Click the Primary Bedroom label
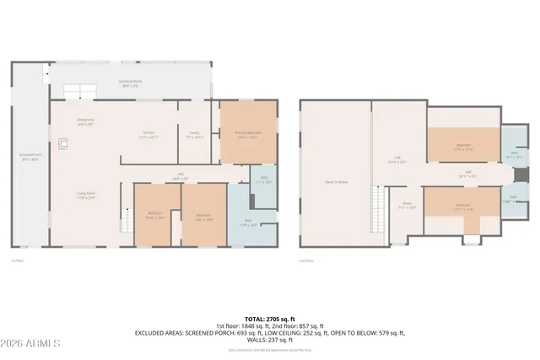pyautogui.click(x=247, y=135)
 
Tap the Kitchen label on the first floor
pyautogui.click(x=148, y=135)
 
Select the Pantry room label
pyautogui.click(x=194, y=135)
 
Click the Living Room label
pyautogui.click(x=84, y=195)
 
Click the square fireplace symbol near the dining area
pyautogui.click(x=62, y=144)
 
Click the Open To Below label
pyautogui.click(x=335, y=181)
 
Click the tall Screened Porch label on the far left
pyautogui.click(x=28, y=158)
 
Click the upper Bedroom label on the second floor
pyautogui.click(x=463, y=148)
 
